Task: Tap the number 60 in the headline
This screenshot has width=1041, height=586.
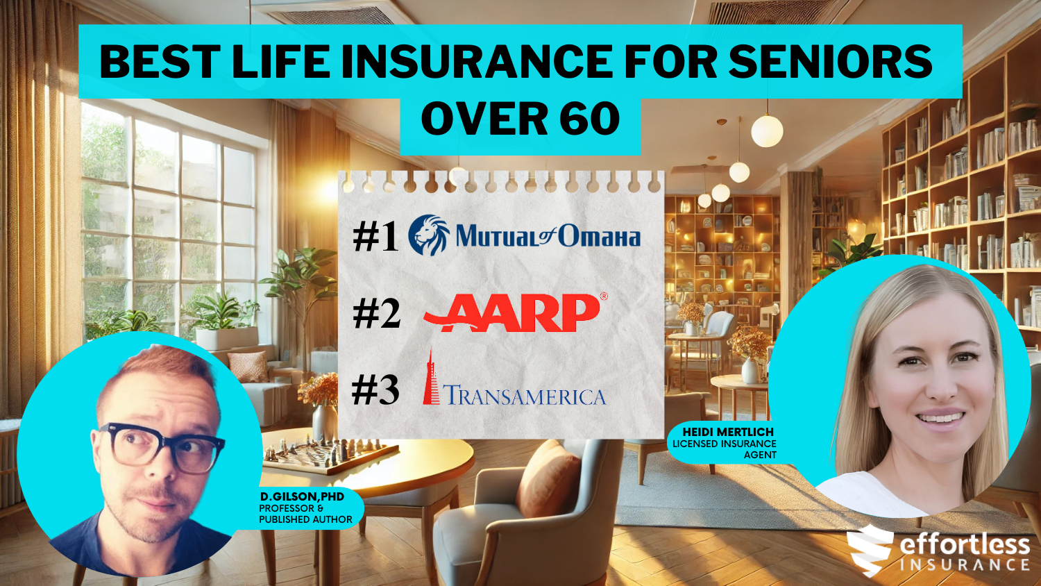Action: [x=589, y=119]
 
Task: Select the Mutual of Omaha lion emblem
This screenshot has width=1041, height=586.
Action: [x=428, y=235]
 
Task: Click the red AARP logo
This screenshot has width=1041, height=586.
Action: [x=514, y=312]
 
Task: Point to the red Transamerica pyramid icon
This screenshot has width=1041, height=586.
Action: [x=432, y=378]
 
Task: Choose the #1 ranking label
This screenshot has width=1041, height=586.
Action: [x=375, y=237]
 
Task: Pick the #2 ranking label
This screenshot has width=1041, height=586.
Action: [x=376, y=314]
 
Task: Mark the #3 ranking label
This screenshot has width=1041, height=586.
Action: [x=375, y=390]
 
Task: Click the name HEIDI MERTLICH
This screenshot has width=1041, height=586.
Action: [x=727, y=432]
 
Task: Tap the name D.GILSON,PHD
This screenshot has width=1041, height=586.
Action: [x=302, y=496]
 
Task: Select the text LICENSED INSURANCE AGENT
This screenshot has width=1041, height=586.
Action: [x=725, y=449]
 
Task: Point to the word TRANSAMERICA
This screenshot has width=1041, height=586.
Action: [x=524, y=396]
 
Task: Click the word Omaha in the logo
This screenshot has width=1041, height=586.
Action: [x=599, y=237]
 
